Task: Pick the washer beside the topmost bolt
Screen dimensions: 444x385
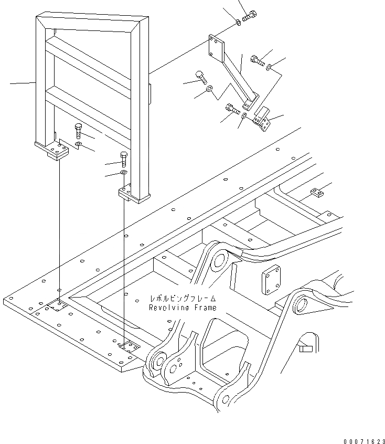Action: (x=238, y=22)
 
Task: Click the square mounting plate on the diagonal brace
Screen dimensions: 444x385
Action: (x=216, y=48)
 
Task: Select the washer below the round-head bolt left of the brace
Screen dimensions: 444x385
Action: (x=209, y=90)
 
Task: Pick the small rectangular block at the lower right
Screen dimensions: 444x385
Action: (x=306, y=347)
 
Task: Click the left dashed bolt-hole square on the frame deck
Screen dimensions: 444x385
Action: (x=57, y=305)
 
